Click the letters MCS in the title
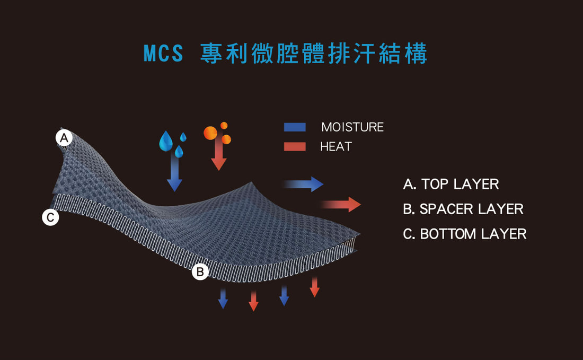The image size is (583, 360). [x=163, y=53]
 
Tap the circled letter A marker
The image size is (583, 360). [x=64, y=138]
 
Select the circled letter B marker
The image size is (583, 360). [x=200, y=271]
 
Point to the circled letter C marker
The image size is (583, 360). [x=50, y=217]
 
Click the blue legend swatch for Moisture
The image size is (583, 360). [x=295, y=127]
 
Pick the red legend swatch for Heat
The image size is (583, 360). [x=295, y=146]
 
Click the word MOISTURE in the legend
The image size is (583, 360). [x=352, y=127]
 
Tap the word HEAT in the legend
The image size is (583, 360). [x=335, y=146]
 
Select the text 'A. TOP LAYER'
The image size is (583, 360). [x=450, y=184]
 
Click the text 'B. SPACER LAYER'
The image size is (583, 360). [x=463, y=209]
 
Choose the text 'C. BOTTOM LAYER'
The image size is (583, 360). [x=464, y=234]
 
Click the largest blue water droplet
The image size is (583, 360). [x=166, y=141]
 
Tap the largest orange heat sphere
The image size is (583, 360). [x=210, y=133]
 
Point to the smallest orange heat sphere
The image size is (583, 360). [x=224, y=126]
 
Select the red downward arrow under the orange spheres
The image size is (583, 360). [x=218, y=153]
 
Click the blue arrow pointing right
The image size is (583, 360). [x=303, y=184]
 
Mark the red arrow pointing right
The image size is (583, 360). [x=341, y=205]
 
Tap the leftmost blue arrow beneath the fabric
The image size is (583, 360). [x=223, y=298]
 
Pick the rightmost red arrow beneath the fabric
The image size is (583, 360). [x=314, y=287]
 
